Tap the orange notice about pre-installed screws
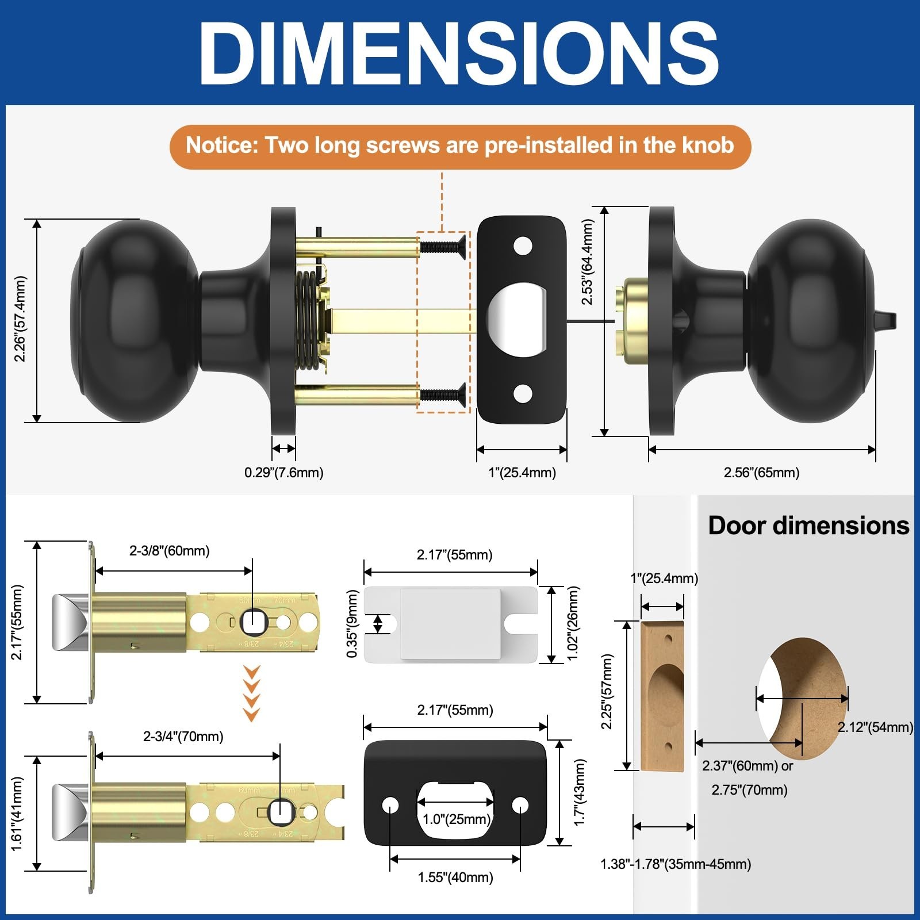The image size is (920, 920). (x=460, y=146)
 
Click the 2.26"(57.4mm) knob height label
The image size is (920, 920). (x=20, y=319)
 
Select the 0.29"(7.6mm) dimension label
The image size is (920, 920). (x=283, y=473)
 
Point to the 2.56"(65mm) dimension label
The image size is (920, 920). (x=761, y=473)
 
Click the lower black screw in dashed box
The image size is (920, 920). (x=443, y=394)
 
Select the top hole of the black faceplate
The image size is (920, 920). (x=522, y=247)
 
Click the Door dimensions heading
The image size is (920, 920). (x=808, y=526)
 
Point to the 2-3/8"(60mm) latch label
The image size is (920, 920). (x=169, y=551)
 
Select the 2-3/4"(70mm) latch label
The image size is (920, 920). (x=183, y=737)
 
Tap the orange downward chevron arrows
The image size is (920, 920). (x=252, y=693)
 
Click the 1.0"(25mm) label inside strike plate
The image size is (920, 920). (x=456, y=819)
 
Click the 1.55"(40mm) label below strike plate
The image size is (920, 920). (x=455, y=877)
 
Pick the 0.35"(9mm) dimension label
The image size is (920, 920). (x=352, y=624)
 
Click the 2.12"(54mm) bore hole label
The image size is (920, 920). (x=875, y=727)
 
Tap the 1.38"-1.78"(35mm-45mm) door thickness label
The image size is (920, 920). (x=676, y=864)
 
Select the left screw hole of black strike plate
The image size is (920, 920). (x=390, y=805)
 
